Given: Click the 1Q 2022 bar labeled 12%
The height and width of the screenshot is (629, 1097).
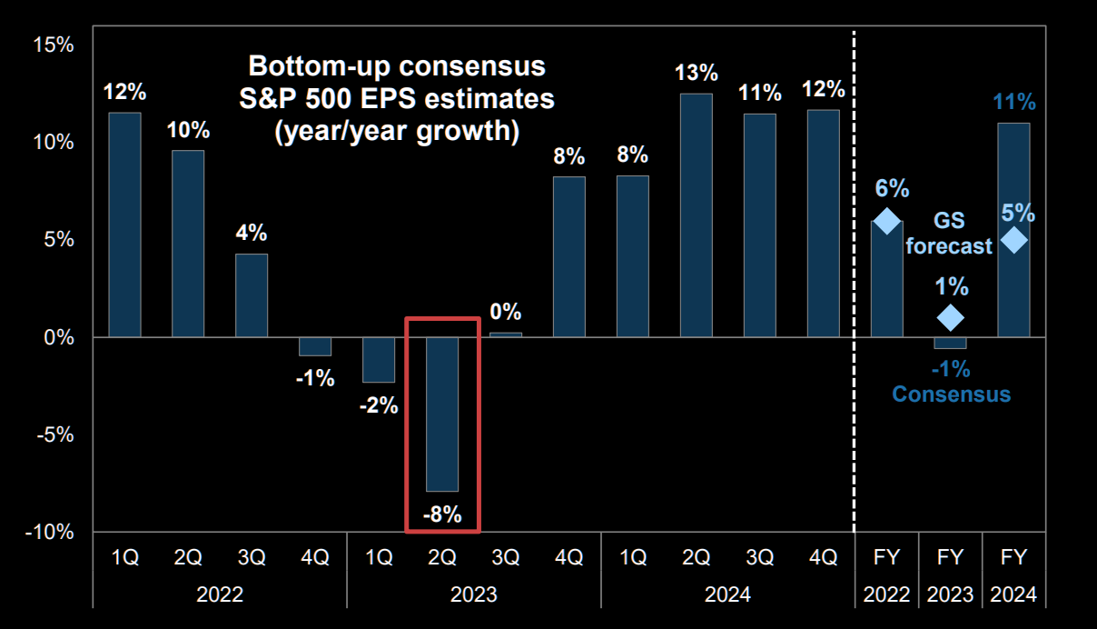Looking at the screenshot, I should click(x=124, y=225).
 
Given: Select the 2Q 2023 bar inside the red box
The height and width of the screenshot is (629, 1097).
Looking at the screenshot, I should click(x=442, y=414).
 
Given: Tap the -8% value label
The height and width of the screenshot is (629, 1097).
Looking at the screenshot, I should click(x=442, y=515).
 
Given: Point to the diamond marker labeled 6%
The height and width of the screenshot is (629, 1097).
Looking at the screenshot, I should click(x=886, y=221).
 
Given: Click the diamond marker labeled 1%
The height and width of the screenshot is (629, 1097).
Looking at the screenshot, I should click(x=950, y=317).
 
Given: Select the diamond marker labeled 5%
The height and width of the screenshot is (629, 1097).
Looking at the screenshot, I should click(x=1013, y=240).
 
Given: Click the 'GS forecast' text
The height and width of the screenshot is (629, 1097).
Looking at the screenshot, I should click(x=949, y=234).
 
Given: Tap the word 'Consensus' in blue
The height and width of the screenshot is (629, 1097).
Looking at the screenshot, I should click(x=950, y=394).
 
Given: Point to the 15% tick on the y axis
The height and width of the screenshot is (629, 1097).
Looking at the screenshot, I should click(x=53, y=45).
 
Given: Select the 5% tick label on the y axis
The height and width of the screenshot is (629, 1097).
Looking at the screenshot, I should click(x=57, y=240).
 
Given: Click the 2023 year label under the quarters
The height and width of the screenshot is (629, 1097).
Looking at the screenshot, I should click(x=473, y=594).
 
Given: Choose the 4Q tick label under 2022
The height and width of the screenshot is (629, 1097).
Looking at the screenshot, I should click(x=315, y=557).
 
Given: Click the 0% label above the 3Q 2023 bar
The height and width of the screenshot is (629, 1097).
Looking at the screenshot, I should click(x=506, y=312).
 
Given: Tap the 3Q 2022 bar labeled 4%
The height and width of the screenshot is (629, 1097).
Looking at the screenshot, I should click(x=252, y=295).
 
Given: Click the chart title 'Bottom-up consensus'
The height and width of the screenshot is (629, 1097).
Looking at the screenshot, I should click(x=397, y=66).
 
